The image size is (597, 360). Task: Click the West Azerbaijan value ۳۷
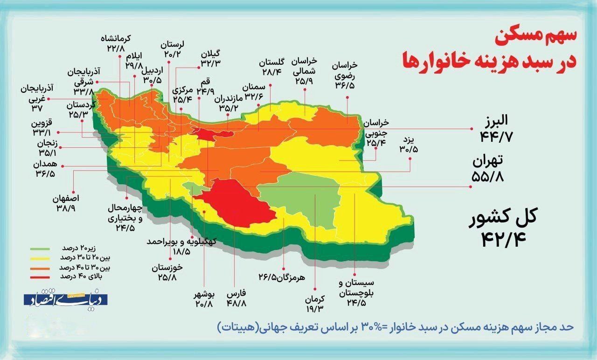(x=37, y=108)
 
